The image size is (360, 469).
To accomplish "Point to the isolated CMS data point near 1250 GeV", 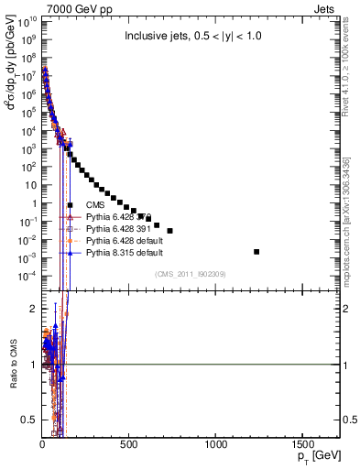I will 256,252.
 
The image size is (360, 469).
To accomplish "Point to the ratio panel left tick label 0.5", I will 27,420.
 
